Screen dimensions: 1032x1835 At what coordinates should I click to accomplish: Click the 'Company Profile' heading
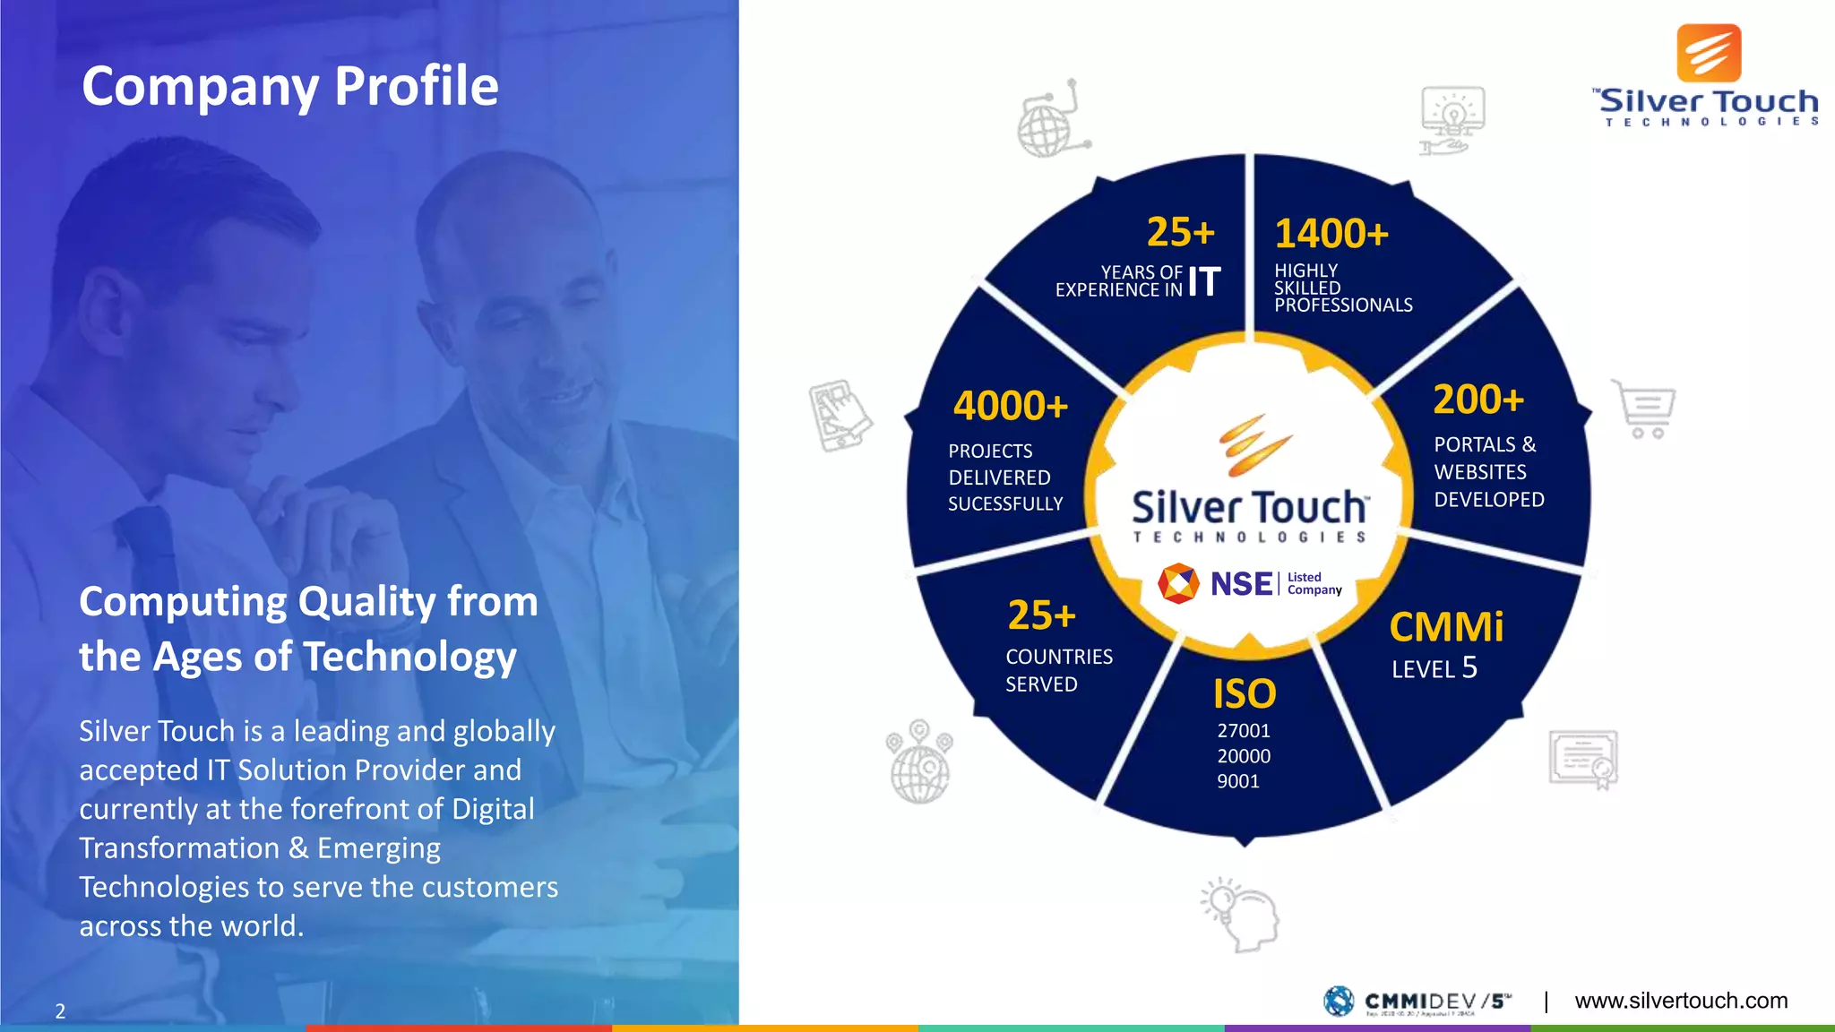point(290,87)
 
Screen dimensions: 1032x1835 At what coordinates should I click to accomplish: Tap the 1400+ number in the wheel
point(1331,234)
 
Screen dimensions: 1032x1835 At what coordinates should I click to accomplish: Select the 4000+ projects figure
point(1011,406)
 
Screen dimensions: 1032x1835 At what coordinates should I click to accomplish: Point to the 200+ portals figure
point(1478,400)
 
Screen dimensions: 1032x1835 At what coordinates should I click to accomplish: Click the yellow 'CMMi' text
point(1446,627)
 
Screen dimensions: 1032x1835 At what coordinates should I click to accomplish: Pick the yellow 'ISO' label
point(1245,694)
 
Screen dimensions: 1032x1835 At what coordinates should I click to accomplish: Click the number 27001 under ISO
point(1244,731)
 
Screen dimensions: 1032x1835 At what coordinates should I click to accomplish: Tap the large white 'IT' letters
point(1204,281)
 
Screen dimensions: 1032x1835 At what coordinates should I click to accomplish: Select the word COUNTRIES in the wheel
point(1059,657)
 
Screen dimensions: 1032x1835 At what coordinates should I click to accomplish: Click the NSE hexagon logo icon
point(1178,583)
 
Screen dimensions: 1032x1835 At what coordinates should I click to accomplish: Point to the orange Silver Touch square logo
point(1709,54)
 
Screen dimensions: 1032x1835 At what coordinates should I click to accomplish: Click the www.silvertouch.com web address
point(1681,1001)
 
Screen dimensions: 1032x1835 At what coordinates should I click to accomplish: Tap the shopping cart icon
point(1646,409)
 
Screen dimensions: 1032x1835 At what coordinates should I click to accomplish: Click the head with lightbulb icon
point(1241,914)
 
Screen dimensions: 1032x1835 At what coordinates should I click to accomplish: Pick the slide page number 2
point(60,1011)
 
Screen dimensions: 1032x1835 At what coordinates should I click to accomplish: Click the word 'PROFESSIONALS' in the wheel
point(1343,305)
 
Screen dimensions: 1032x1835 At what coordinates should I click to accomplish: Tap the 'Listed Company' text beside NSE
point(1314,583)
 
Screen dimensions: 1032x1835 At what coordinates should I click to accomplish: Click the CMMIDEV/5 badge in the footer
point(1418,1001)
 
